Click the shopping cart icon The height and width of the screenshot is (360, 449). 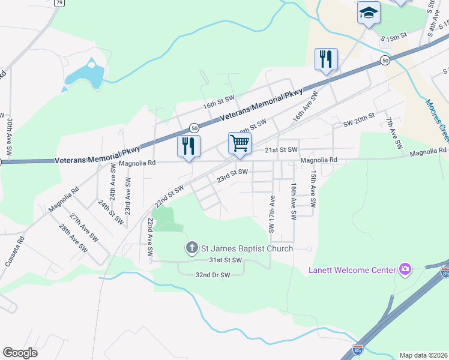coord(239,143)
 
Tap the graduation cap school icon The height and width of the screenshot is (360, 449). coord(369,13)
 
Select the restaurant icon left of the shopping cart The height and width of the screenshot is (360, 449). coord(188,146)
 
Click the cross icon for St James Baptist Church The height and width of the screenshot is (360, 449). coord(191,247)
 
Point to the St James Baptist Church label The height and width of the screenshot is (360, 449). coord(246,248)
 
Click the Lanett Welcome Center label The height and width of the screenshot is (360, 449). coord(352,270)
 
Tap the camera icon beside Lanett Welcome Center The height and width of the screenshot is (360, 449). coord(405,269)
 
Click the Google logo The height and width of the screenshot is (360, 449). coord(20,353)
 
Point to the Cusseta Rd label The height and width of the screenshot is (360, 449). coord(20,247)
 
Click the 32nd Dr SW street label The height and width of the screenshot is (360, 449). coord(213,275)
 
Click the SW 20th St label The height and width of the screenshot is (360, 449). coord(359,119)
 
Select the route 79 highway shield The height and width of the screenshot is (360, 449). coord(59,3)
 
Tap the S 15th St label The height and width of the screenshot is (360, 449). coord(394,37)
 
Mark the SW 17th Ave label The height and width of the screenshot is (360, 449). coord(272,214)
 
